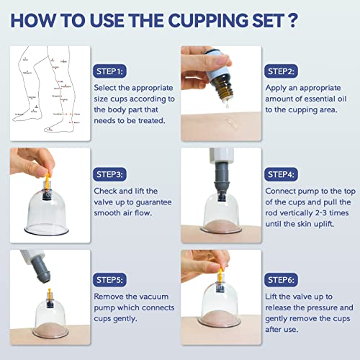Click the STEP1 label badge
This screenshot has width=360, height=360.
click(110, 71)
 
